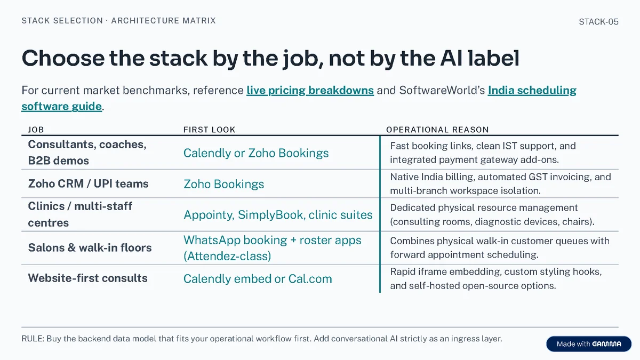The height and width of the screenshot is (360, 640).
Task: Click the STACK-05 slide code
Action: pos(598,22)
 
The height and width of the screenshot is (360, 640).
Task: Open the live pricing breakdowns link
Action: pos(310,90)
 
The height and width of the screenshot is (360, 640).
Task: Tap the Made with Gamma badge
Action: pos(589,343)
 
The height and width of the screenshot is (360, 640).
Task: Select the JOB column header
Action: pos(36,130)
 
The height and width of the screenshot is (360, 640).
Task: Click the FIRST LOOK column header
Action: pos(209,130)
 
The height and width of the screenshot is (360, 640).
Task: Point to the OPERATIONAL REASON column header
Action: pos(437,130)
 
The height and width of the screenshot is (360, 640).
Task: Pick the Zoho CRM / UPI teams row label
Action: pos(89,183)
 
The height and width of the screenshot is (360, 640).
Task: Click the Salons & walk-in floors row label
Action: pos(90,247)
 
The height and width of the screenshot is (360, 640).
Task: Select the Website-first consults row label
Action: pos(87,278)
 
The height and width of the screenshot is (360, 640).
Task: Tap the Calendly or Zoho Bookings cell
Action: pos(256,153)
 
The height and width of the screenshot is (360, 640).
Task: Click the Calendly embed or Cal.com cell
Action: pos(258,279)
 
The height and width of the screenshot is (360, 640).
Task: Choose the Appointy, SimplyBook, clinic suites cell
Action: pos(278,215)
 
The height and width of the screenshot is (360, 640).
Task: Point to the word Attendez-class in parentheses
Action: pos(227,256)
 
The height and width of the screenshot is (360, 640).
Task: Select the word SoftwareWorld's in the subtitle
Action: pos(442,90)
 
